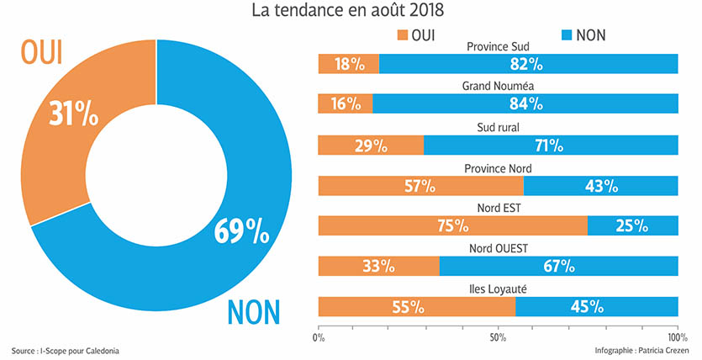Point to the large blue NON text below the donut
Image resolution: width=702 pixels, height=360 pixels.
(x=255, y=313)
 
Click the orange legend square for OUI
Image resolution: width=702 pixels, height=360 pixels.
(x=399, y=34)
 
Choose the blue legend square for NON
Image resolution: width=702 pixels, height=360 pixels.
(x=565, y=34)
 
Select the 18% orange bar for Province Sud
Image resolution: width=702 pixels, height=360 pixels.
(x=348, y=64)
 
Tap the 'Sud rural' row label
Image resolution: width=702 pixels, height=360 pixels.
(x=498, y=127)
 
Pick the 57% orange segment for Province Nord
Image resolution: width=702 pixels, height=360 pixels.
(x=420, y=185)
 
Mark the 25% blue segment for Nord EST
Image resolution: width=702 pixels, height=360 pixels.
(x=632, y=225)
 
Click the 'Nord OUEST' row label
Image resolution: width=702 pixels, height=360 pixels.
(x=499, y=248)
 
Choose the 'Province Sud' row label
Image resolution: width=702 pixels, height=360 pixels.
(x=498, y=46)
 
